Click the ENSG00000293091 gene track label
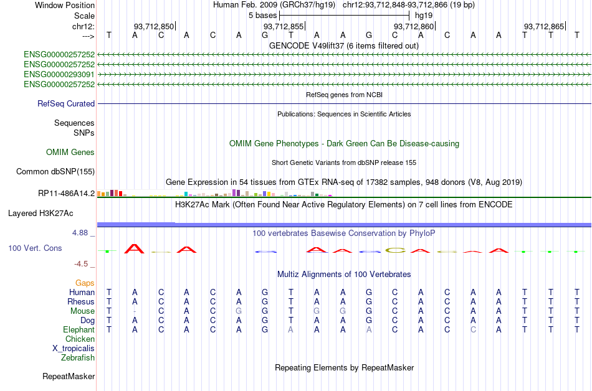point(59,74)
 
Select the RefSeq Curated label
point(66,104)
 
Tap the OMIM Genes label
point(70,153)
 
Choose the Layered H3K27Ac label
point(41,213)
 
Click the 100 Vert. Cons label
point(35,248)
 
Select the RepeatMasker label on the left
point(69,377)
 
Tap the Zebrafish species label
point(78,358)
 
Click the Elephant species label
point(79,330)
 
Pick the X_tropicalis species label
point(74,349)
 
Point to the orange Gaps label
point(85,283)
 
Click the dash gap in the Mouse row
point(135,311)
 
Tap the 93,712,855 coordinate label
point(284,26)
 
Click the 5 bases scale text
point(262,15)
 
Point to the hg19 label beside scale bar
point(424,15)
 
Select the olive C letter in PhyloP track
point(394,250)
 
